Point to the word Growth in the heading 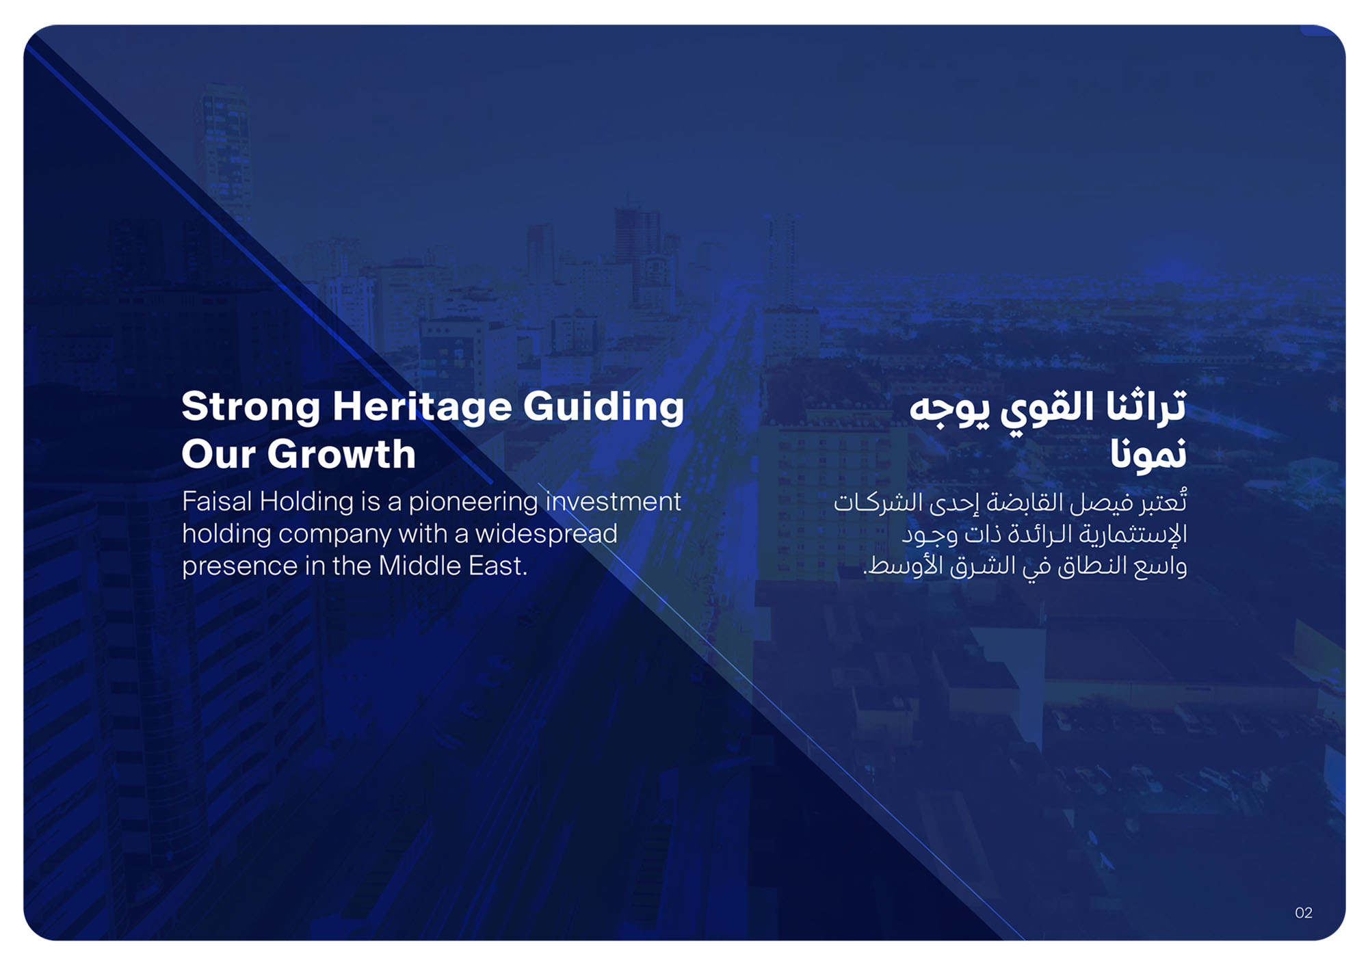[x=341, y=455]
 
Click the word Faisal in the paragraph [x=217, y=502]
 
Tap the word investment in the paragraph [x=614, y=502]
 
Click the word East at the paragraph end [x=497, y=566]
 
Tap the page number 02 [x=1304, y=913]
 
